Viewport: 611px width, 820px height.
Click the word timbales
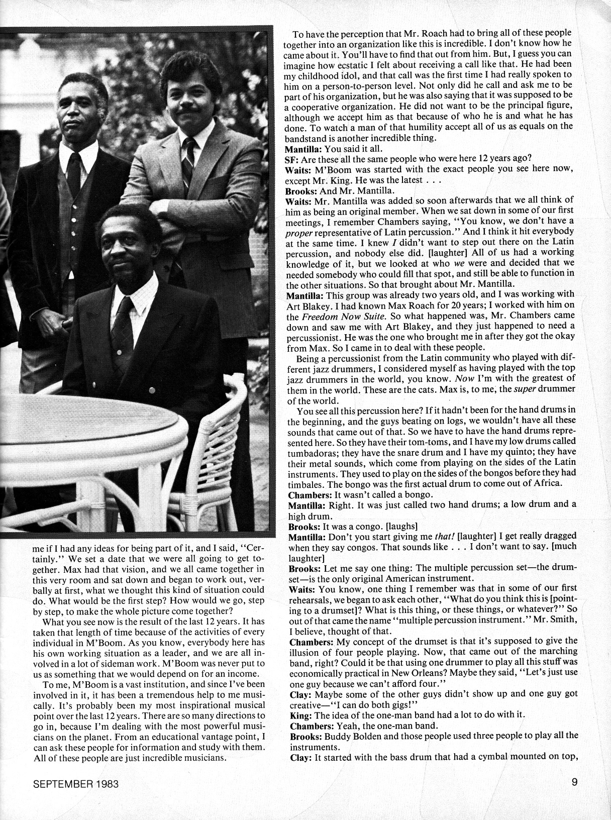click(303, 484)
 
